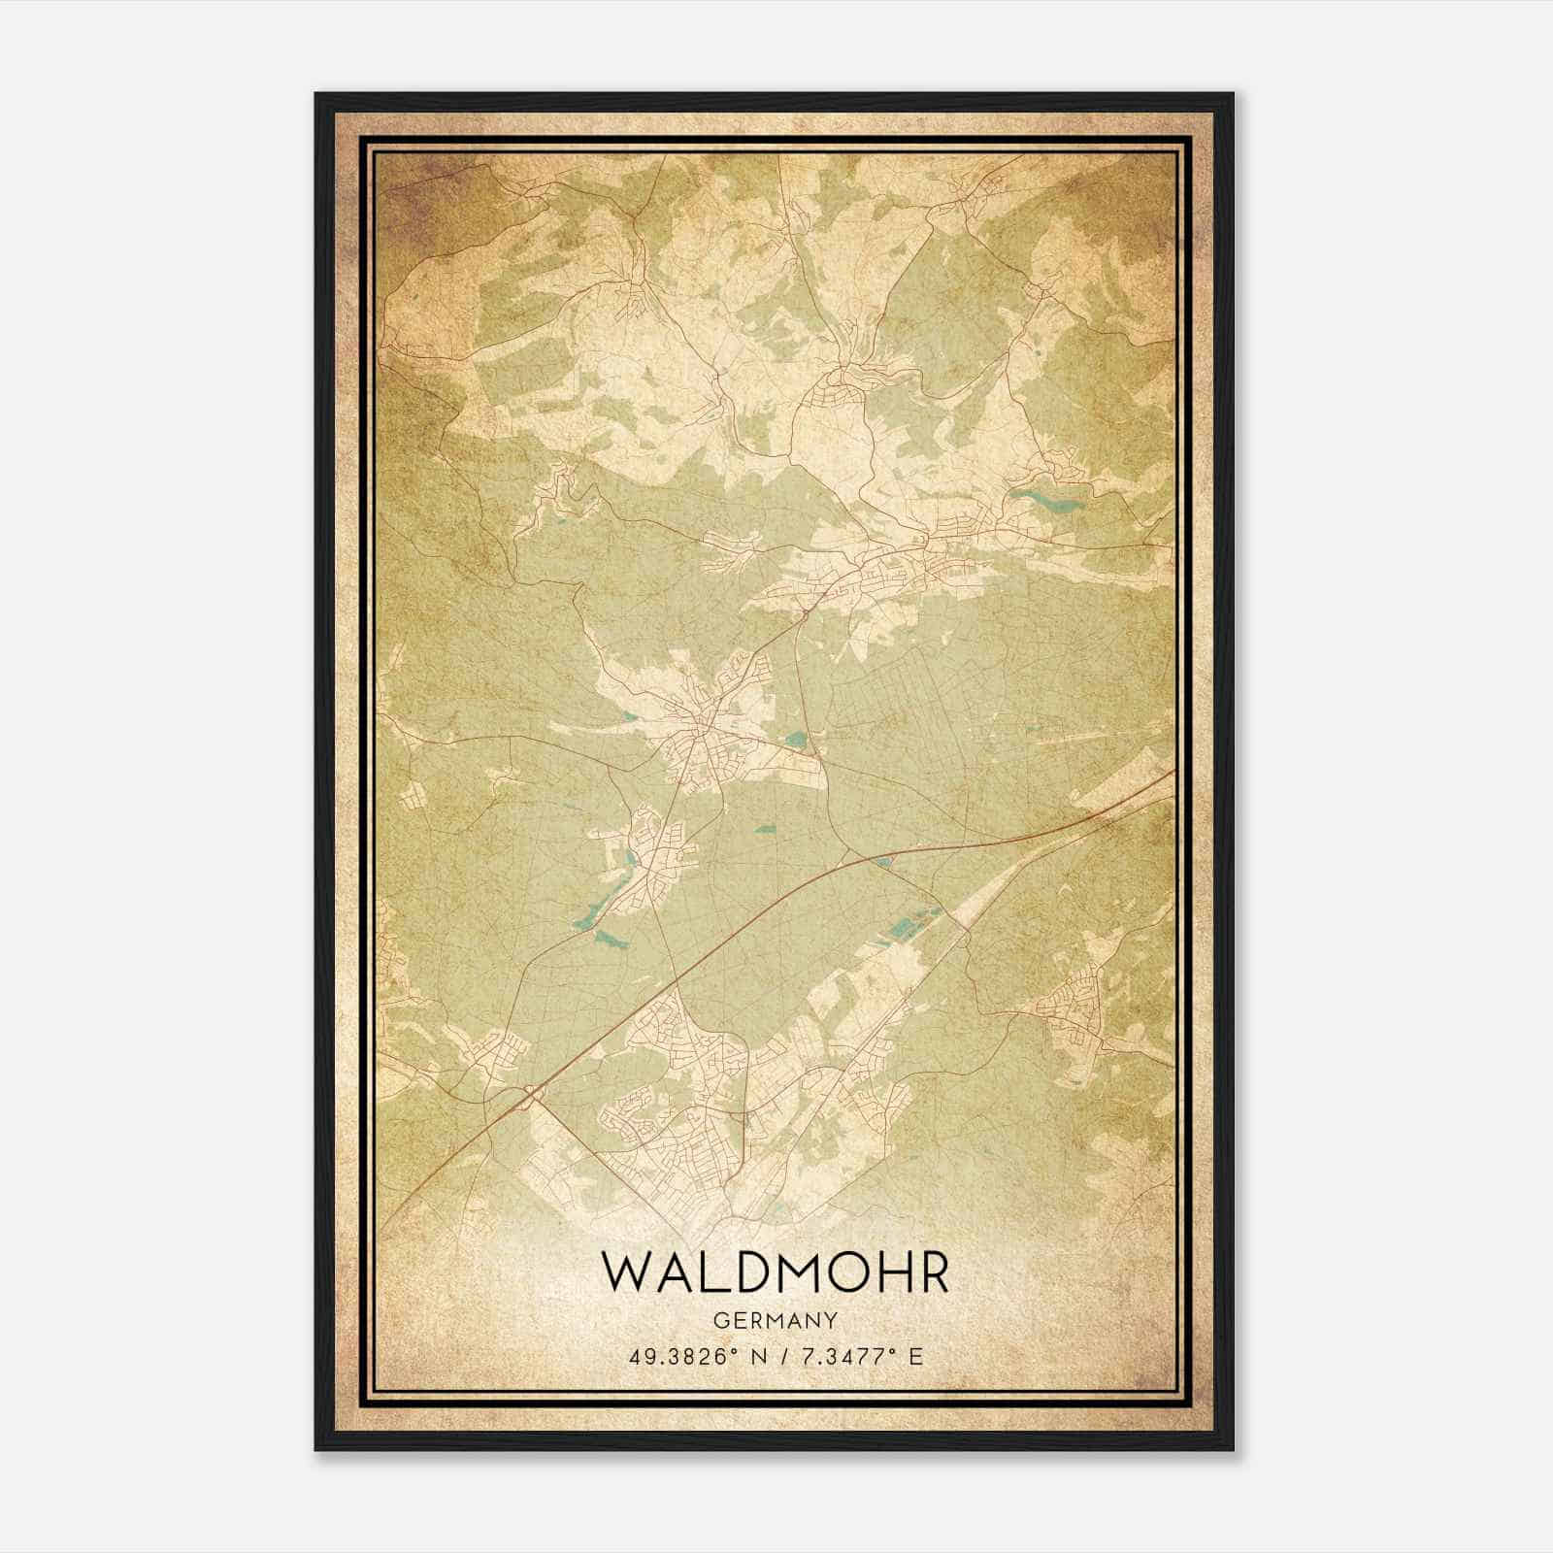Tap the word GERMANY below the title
[775, 1321]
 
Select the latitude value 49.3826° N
[698, 1357]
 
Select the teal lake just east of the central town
[798, 740]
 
